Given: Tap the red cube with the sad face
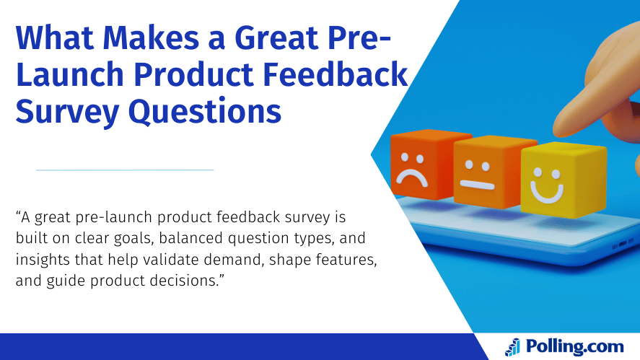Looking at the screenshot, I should coord(420,166).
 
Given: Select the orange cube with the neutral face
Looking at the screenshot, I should coord(483,173).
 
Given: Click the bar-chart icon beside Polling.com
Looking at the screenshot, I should coord(512,347).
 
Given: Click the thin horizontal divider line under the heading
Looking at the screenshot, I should coord(125,170).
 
